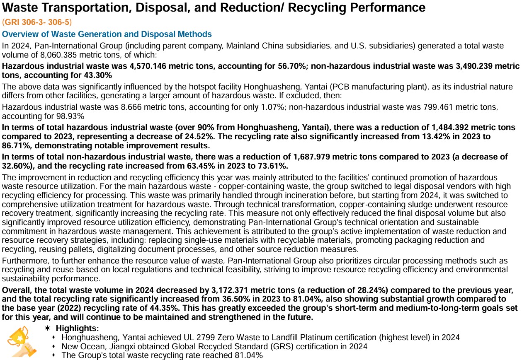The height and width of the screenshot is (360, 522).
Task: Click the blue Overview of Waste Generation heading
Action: tap(107, 34)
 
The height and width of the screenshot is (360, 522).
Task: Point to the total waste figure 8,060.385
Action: tap(49, 54)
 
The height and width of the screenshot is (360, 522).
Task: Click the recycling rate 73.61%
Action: tap(267, 166)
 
